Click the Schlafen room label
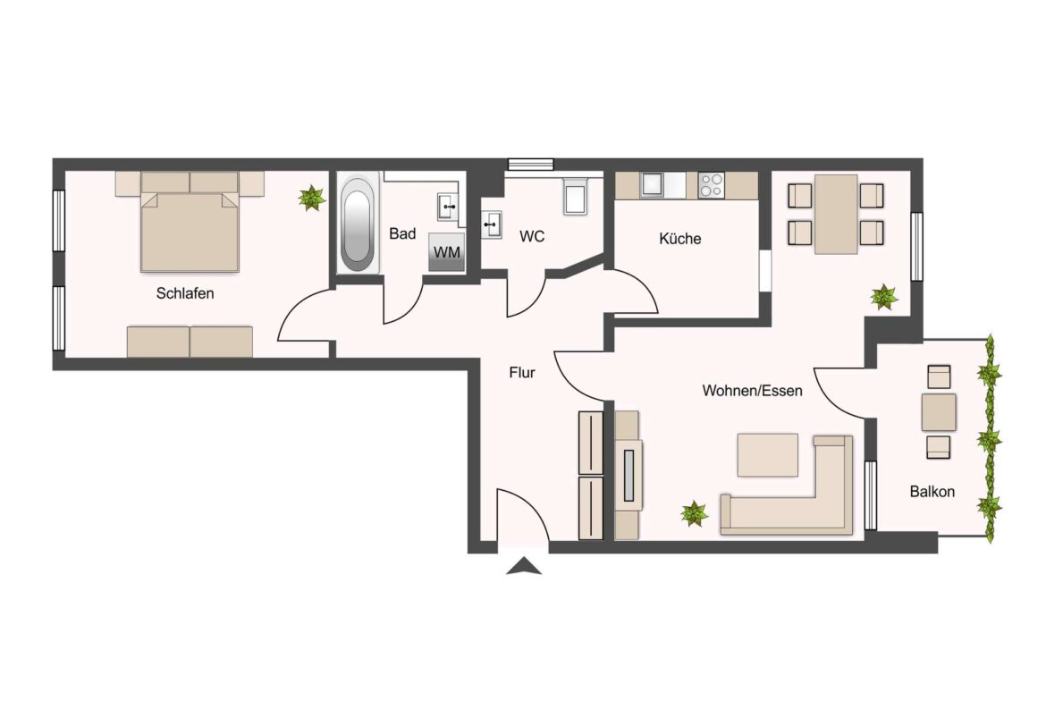(185, 293)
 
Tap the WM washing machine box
(446, 252)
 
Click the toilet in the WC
(575, 197)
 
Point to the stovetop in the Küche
(712, 185)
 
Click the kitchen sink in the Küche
(650, 184)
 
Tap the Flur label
(522, 373)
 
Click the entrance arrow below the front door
(523, 565)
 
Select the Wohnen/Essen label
(752, 391)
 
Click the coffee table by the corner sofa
(767, 455)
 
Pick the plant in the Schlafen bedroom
(311, 199)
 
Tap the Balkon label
(932, 491)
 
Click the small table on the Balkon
(939, 411)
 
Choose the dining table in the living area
(835, 214)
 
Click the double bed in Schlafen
(190, 229)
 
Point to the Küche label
(680, 239)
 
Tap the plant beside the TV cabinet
(694, 513)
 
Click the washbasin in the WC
(492, 224)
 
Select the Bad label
(402, 234)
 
